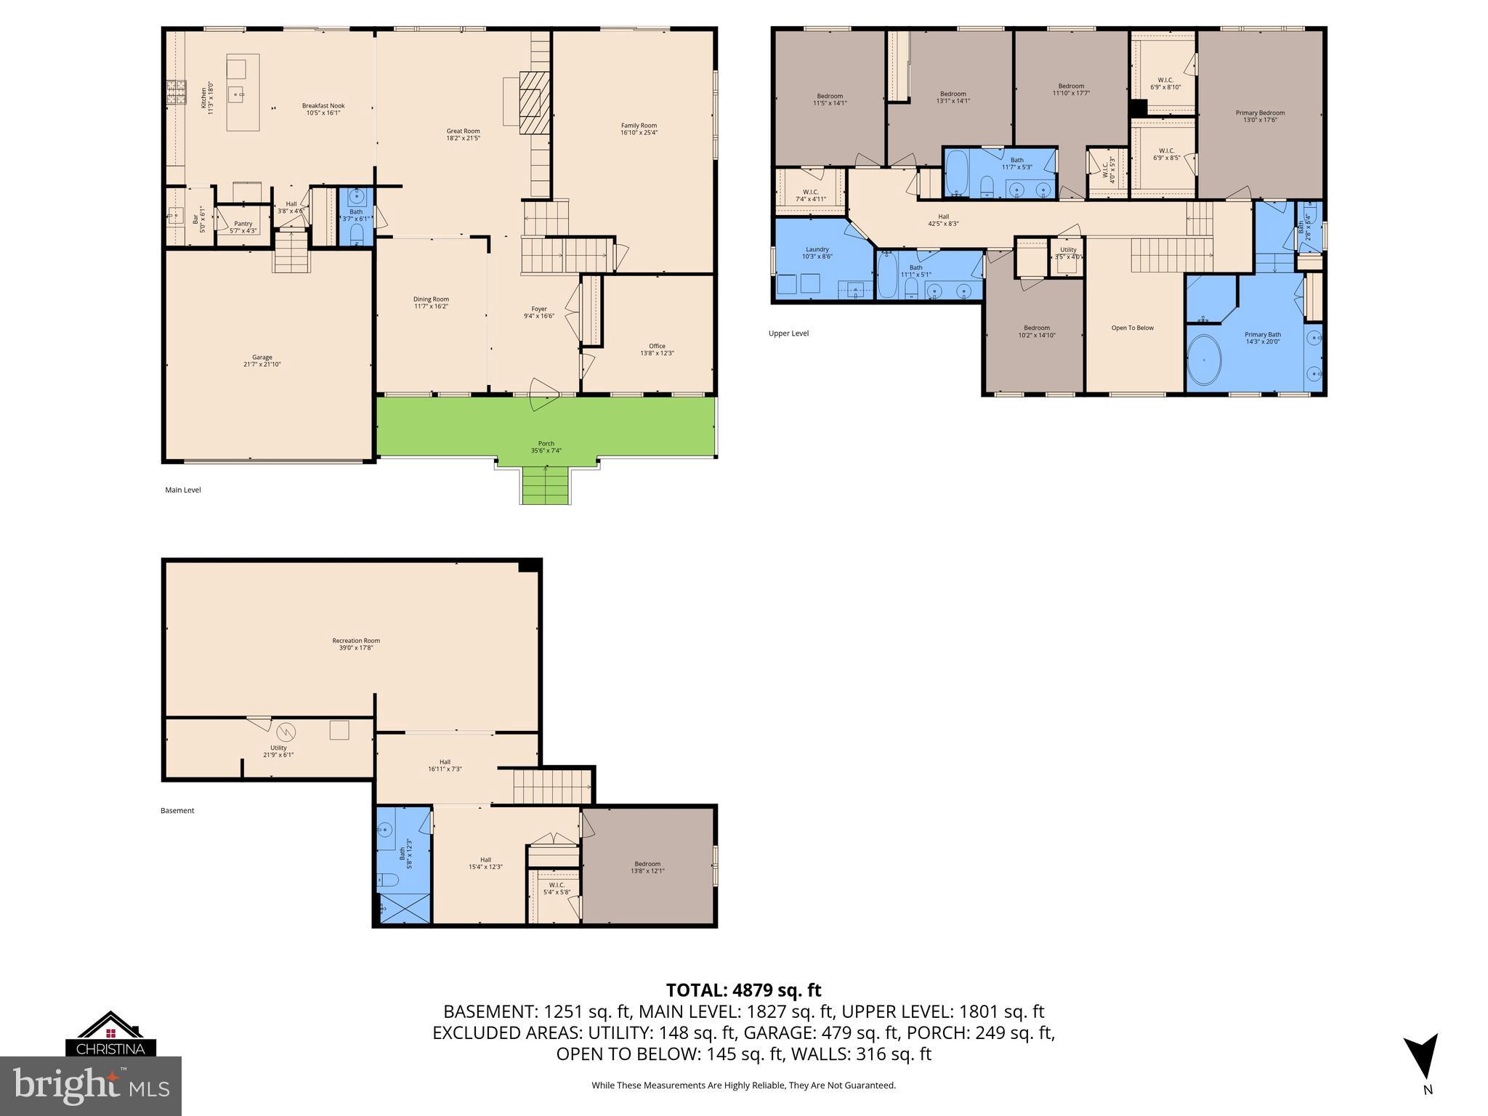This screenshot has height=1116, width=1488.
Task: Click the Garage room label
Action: [262, 360]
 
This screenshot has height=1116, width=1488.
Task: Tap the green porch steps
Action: [545, 485]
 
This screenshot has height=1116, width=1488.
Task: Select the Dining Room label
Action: [431, 302]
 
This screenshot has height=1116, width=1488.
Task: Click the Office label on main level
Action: [657, 349]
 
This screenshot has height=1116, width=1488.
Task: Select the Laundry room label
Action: [817, 252]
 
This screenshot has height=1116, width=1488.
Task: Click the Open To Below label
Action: [1132, 328]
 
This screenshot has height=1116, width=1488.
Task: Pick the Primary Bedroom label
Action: [1260, 116]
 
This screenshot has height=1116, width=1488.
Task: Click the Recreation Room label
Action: [356, 644]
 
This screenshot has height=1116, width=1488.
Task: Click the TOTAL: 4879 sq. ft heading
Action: [743, 990]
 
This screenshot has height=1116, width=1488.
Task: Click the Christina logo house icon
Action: [110, 1027]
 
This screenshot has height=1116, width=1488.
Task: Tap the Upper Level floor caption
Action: [788, 333]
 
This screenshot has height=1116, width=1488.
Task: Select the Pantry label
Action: [243, 227]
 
